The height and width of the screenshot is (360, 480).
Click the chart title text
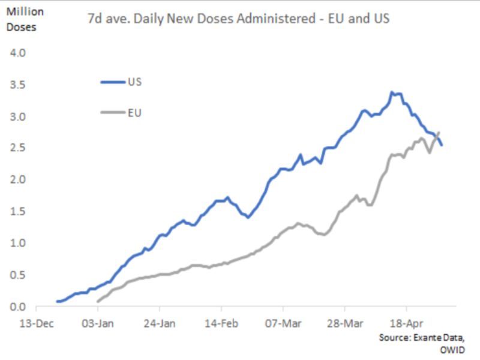coord(238,19)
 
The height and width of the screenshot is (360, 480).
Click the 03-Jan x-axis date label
coord(98,323)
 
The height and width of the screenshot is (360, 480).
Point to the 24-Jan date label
coord(160,323)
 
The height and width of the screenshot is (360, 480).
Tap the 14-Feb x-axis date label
coord(221,323)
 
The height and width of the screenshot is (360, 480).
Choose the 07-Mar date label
coord(283,323)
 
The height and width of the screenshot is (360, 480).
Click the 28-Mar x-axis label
coord(345,323)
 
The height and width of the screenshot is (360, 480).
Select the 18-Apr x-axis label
coord(407,323)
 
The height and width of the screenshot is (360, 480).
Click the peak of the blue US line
coord(392,92)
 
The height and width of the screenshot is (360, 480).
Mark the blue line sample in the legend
coord(112,81)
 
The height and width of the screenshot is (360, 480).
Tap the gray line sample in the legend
coord(112,113)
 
